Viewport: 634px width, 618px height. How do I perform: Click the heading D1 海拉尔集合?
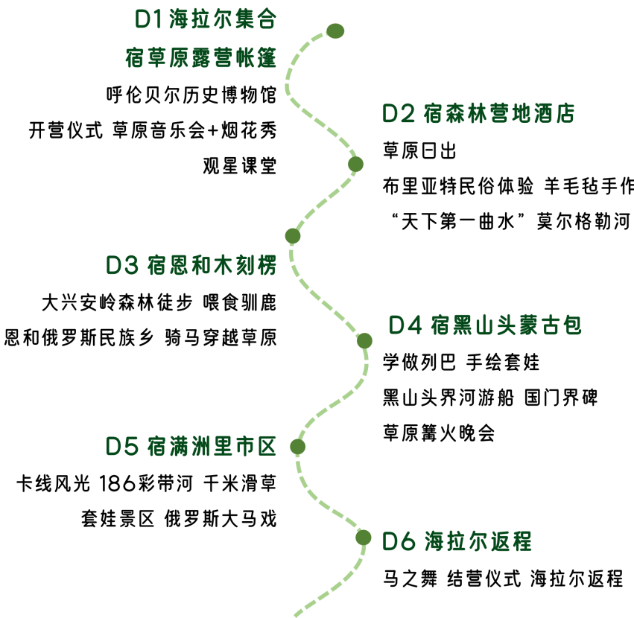tap(205, 19)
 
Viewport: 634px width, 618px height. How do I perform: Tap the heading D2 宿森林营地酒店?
tap(478, 113)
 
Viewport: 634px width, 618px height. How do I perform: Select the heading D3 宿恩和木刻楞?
tap(191, 265)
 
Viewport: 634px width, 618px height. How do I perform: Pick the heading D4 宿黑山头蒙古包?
tap(485, 325)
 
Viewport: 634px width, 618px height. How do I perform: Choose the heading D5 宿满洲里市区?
tap(191, 446)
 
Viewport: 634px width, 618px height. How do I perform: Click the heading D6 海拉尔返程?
tap(457, 541)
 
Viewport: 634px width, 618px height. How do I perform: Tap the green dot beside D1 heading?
tap(335, 31)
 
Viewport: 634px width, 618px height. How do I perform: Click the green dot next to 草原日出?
tap(355, 165)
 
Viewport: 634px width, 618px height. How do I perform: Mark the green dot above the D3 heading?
tap(293, 236)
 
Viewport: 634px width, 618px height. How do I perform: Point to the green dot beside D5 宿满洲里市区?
tap(297, 447)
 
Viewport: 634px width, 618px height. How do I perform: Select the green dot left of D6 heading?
tap(364, 538)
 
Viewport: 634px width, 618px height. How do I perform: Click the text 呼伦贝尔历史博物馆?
tap(191, 95)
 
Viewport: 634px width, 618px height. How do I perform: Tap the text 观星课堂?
tap(240, 166)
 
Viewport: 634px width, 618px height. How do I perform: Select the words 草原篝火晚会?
tap(439, 433)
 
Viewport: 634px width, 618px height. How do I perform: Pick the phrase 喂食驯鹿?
tap(240, 302)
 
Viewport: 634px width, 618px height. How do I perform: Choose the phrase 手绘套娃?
tap(503, 362)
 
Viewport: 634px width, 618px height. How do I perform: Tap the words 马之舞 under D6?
tap(410, 579)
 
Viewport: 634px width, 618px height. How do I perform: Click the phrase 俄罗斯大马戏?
tap(221, 518)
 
